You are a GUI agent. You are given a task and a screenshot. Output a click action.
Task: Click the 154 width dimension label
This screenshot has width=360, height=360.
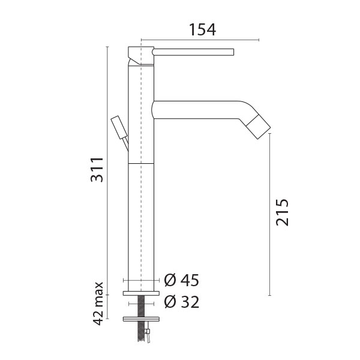(x=203, y=29)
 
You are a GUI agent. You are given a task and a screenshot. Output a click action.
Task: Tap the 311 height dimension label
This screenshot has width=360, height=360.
(x=97, y=170)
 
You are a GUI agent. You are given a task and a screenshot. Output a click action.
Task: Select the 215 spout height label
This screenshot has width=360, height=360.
(x=282, y=212)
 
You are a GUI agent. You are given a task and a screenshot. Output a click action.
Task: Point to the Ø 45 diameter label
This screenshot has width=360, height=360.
(x=181, y=280)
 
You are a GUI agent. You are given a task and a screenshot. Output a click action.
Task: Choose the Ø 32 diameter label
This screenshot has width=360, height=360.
(x=181, y=302)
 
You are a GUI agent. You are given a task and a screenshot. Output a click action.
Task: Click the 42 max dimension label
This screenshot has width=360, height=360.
(x=98, y=304)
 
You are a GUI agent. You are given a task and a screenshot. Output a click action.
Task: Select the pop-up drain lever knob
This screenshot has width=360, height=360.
(x=119, y=127)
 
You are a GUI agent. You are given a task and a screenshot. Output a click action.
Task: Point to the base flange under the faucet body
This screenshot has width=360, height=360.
(x=141, y=293)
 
